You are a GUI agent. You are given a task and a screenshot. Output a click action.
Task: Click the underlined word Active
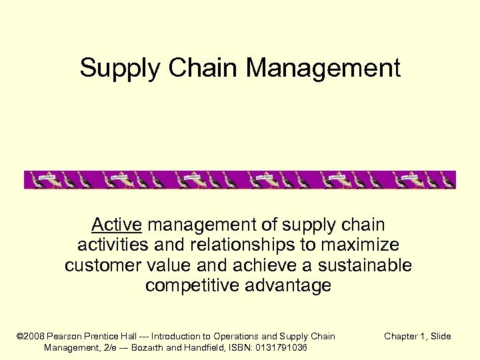tap(114, 225)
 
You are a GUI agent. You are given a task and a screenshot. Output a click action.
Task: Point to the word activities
tap(111, 245)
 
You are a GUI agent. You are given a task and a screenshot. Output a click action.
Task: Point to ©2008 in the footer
tap(29, 337)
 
